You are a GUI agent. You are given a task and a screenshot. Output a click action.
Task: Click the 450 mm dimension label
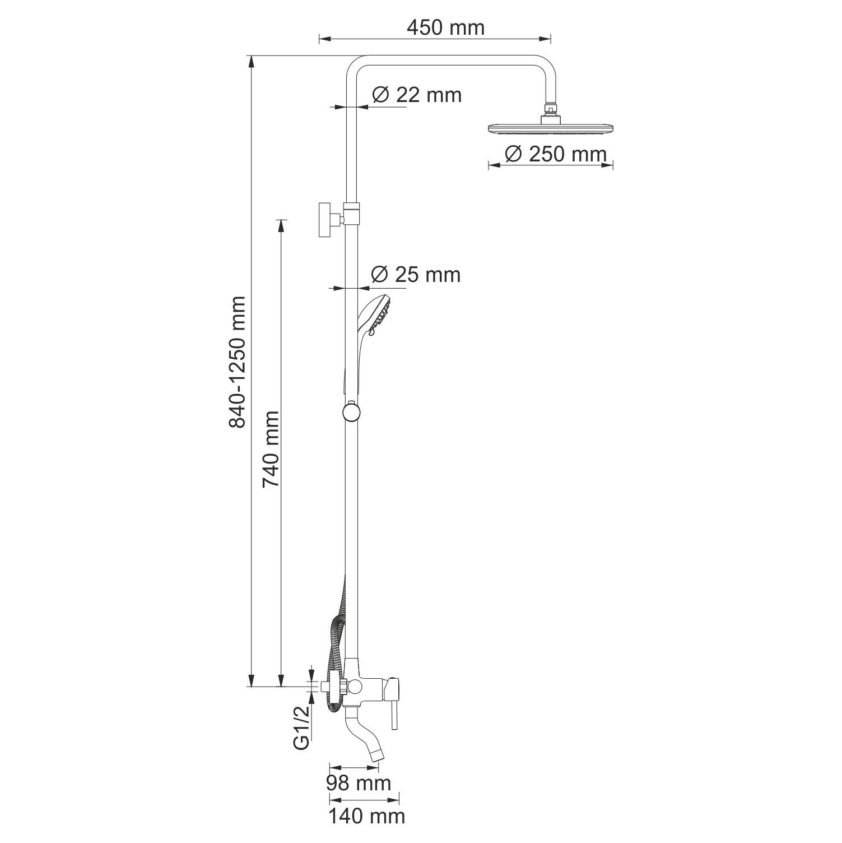445,27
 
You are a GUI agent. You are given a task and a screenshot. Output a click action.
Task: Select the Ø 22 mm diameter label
417,95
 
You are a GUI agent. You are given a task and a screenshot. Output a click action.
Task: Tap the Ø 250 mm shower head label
556,154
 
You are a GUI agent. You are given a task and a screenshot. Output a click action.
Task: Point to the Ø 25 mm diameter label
416,274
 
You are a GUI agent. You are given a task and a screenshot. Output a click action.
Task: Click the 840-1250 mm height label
237,363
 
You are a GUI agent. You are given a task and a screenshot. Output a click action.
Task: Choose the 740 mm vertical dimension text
271,448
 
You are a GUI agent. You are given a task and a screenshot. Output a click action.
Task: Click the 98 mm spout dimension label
359,782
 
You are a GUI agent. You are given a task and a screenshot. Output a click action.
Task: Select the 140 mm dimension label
366,816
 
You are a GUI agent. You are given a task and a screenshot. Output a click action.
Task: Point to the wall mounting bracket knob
324,220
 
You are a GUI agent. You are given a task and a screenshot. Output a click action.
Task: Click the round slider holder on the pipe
350,412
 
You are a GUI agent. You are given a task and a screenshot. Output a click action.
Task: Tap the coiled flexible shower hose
334,645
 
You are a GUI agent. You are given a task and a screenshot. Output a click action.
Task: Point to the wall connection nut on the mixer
336,686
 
